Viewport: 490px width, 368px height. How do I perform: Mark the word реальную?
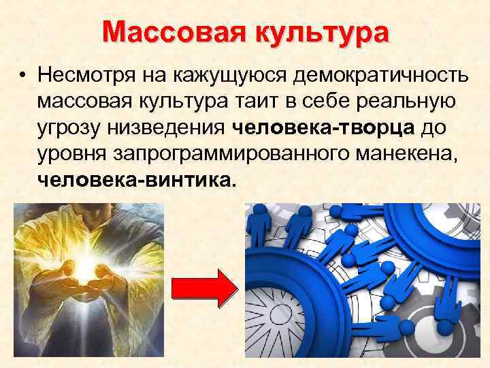(x=419, y=102)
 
